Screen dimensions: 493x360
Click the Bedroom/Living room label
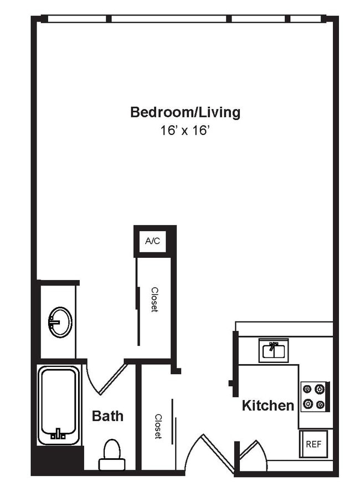pyautogui.click(x=185, y=112)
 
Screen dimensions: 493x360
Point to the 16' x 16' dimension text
pyautogui.click(x=185, y=131)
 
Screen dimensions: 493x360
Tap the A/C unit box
pyautogui.click(x=152, y=241)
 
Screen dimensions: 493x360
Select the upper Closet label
pyautogui.click(x=155, y=299)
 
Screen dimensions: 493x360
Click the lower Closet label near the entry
pyautogui.click(x=158, y=427)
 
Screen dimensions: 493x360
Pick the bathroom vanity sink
pyautogui.click(x=60, y=321)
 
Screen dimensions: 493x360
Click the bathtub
pyautogui.click(x=58, y=404)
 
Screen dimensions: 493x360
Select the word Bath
pyautogui.click(x=107, y=416)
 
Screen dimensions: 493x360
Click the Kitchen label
pyautogui.click(x=268, y=406)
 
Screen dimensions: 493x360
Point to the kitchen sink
pyautogui.click(x=274, y=351)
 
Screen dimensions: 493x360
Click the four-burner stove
pyautogui.click(x=315, y=397)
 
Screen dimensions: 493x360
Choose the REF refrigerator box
pyautogui.click(x=313, y=444)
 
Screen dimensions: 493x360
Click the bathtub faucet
pyautogui.click(x=58, y=433)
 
